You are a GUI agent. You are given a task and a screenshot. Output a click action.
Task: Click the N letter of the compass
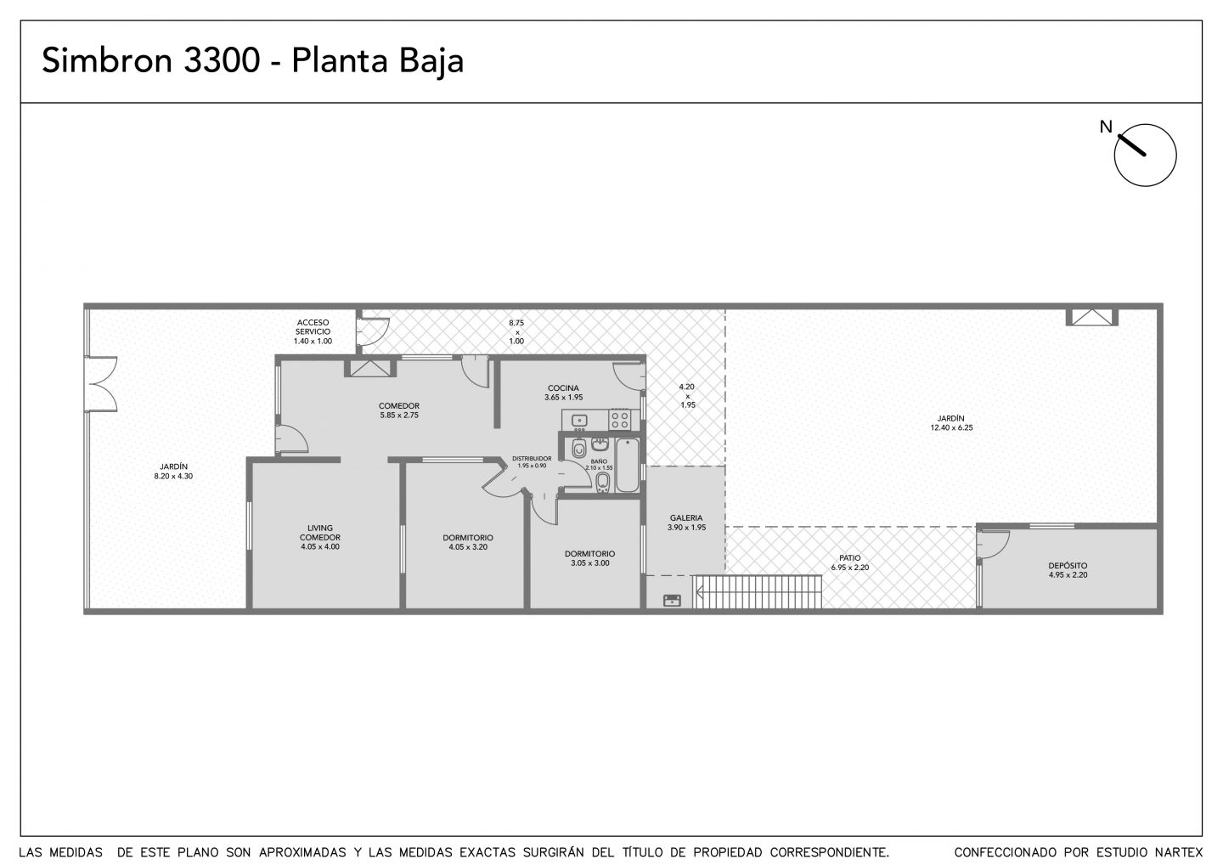1106,127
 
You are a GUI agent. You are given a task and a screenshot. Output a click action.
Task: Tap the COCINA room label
563,388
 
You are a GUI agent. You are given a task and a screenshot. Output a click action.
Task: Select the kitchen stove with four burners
620,420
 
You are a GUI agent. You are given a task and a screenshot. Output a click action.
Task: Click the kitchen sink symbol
579,420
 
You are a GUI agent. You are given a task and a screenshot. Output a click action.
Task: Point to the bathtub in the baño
628,465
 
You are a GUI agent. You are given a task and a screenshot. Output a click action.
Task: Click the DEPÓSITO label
1068,566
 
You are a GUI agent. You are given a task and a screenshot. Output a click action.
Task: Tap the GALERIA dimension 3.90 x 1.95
686,528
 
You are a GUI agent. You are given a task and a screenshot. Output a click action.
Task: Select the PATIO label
849,558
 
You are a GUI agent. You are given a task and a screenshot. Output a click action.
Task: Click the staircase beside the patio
758,591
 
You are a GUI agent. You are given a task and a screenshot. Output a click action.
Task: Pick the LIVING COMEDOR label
320,533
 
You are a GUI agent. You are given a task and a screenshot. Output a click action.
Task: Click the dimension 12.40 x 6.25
951,427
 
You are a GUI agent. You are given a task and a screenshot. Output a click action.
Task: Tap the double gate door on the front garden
102,383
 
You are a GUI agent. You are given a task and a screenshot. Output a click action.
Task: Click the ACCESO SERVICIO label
313,327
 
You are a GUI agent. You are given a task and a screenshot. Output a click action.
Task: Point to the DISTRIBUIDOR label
532,459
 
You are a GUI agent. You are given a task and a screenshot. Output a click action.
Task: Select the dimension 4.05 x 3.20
468,546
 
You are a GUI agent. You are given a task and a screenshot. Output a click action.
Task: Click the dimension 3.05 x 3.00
590,563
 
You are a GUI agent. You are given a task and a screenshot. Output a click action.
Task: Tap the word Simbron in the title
107,60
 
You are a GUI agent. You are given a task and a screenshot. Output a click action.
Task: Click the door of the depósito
993,545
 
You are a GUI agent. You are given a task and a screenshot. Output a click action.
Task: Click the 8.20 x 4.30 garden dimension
173,476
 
